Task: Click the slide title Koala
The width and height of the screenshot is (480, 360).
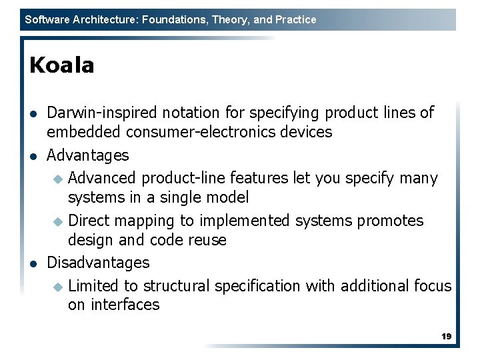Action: click(62, 65)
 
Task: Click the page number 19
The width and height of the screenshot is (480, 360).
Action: click(446, 337)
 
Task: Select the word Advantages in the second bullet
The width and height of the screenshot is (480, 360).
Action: click(88, 155)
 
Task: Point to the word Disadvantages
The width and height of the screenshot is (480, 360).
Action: click(98, 263)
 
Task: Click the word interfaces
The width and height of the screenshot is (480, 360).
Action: click(125, 305)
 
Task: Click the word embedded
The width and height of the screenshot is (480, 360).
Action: click(79, 132)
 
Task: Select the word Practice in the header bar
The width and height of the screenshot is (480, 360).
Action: click(295, 20)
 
